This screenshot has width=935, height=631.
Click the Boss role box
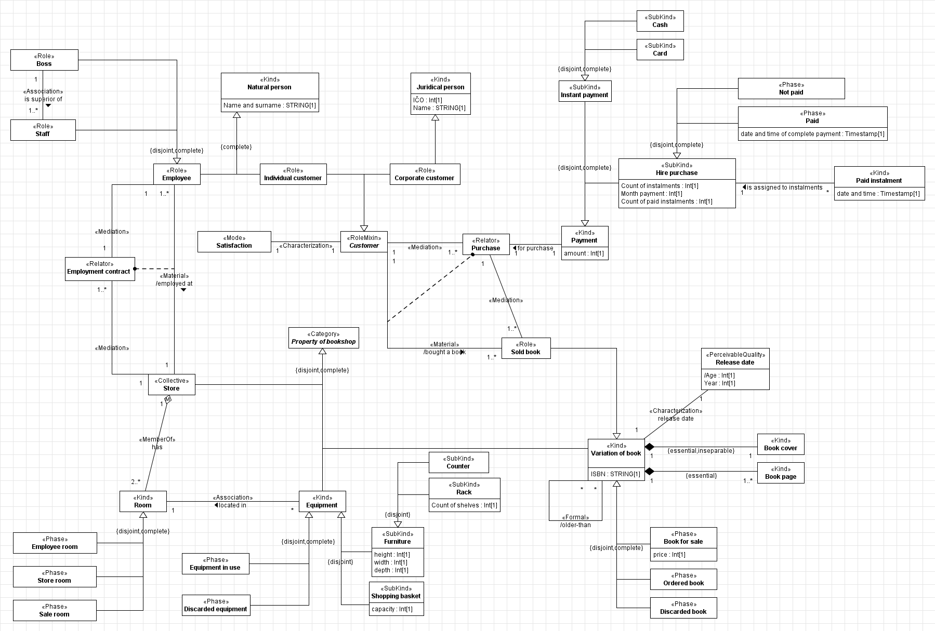coord(44,60)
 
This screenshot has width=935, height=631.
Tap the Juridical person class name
coord(440,87)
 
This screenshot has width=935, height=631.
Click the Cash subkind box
coord(660,21)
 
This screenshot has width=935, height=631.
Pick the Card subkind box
coord(660,50)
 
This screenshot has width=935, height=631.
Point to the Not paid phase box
coord(791,89)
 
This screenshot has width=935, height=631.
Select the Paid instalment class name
coord(878,181)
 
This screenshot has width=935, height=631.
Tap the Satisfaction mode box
coord(234,242)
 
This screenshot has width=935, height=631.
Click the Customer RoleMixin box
coord(364,242)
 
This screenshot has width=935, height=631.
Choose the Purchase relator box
coord(485,245)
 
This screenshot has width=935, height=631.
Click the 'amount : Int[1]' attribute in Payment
coord(584,253)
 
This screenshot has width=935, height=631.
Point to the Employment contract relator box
coord(100,268)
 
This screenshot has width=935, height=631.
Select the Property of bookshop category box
coord(323,338)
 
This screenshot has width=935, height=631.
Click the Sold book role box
coord(525,348)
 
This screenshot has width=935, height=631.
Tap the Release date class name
coord(734,363)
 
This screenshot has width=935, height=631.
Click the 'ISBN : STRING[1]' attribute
coord(615,474)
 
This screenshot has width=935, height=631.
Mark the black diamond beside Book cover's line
coord(649,447)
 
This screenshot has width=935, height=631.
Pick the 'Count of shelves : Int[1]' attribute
coord(464,505)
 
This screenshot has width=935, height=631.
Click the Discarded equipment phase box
coord(216,606)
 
